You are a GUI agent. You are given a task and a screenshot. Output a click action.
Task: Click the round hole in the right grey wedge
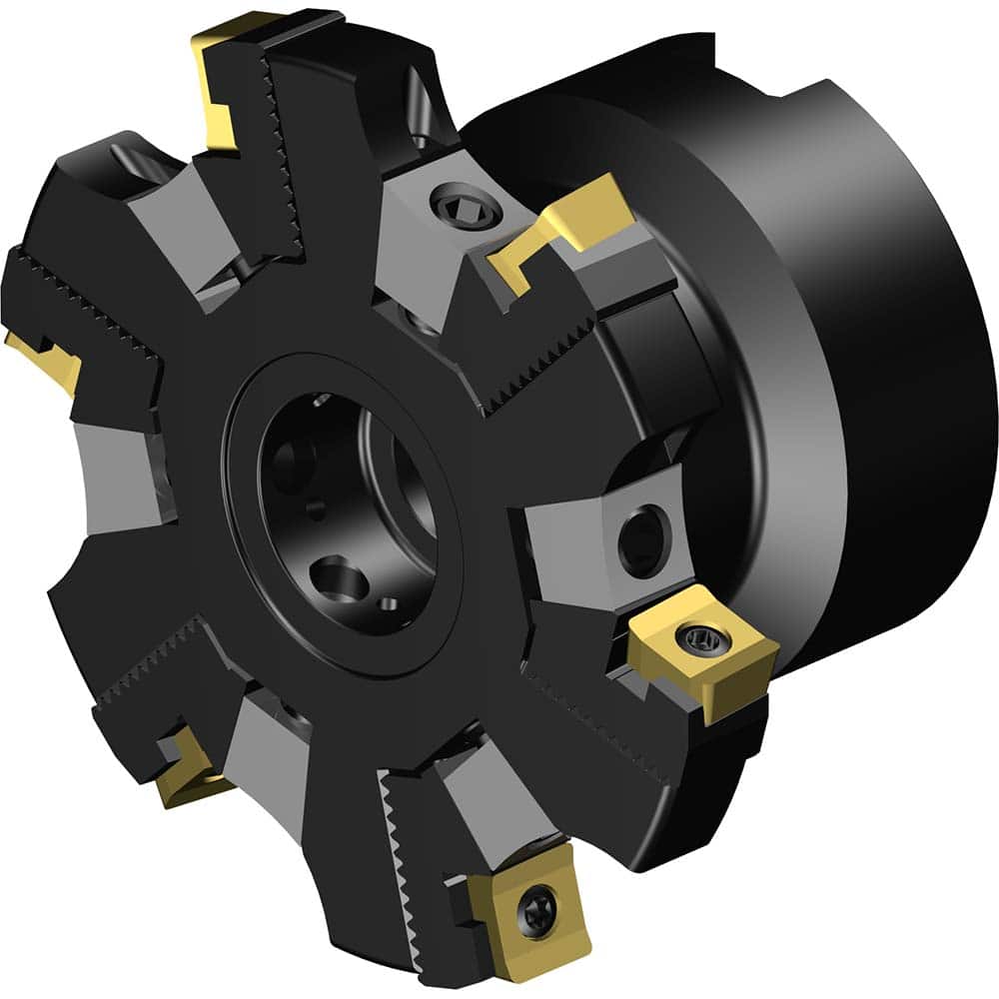pyautogui.click(x=637, y=538)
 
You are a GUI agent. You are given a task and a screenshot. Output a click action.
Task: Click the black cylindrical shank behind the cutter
pyautogui.click(x=879, y=400)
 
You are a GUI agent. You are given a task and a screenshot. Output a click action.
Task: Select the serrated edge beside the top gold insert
pyautogui.click(x=284, y=150)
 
